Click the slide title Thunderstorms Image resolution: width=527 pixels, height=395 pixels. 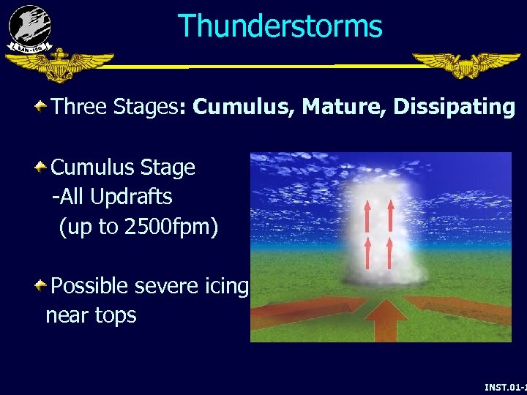[x=280, y=26]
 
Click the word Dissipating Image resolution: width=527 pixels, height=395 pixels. [x=454, y=108]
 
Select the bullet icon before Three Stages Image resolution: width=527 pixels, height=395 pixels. [x=42, y=108]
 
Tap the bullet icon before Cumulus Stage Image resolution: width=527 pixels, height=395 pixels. [x=42, y=168]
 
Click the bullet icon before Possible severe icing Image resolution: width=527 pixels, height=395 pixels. [x=42, y=285]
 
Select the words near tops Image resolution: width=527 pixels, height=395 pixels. [x=91, y=316]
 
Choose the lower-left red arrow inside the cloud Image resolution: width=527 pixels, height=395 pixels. [x=368, y=252]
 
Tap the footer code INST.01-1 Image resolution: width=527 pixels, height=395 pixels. [x=505, y=386]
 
